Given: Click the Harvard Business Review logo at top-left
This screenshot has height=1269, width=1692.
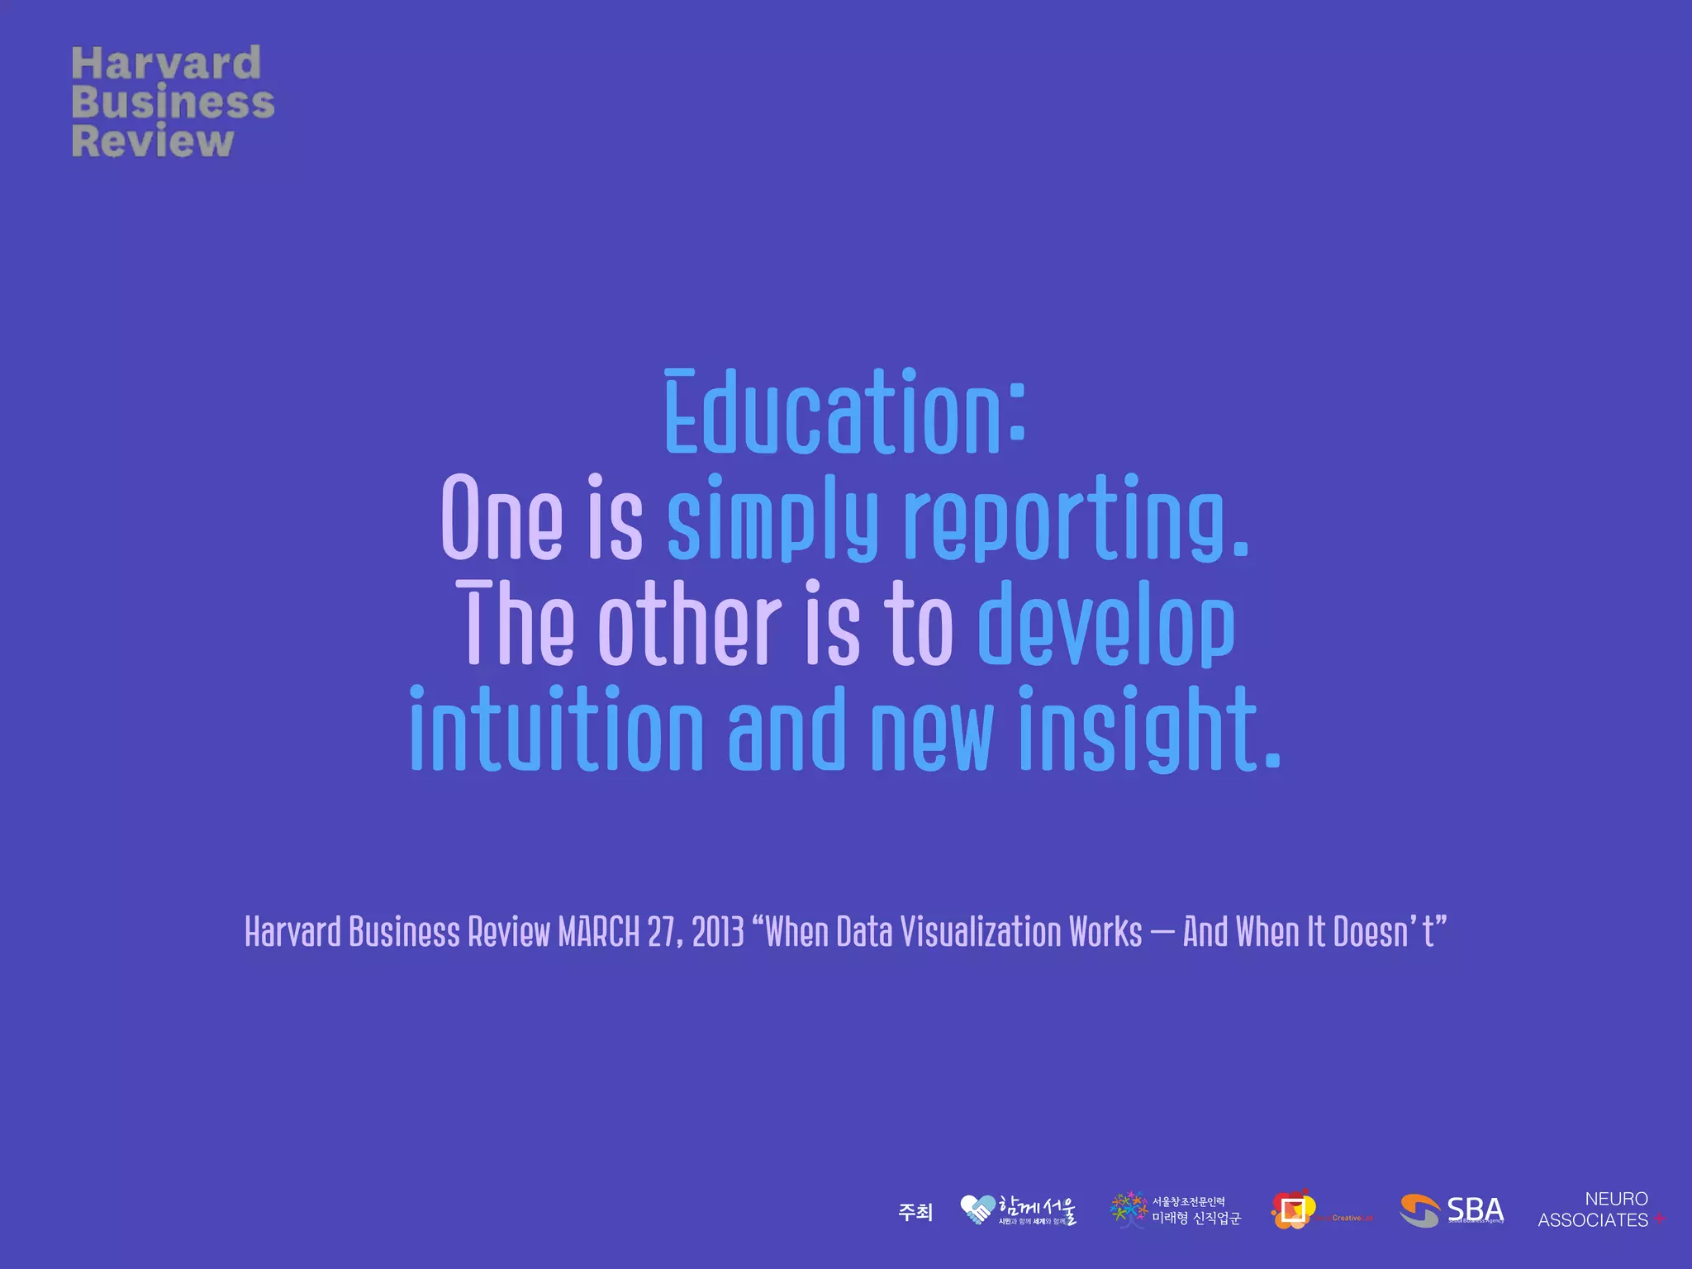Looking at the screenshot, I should point(172,101).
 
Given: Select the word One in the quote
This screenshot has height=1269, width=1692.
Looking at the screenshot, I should point(501,519).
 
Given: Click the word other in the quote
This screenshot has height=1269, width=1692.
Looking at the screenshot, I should point(690,624).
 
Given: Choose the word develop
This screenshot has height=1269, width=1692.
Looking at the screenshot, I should point(1106,624).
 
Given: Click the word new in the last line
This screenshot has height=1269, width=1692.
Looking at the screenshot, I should point(931,731).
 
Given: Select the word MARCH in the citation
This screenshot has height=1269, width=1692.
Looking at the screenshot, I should point(599,932).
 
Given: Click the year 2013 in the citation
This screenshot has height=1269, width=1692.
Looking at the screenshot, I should point(718,932).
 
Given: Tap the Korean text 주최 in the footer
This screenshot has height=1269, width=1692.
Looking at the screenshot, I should point(915,1212).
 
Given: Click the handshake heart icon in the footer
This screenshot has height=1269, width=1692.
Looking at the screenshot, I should point(977,1210).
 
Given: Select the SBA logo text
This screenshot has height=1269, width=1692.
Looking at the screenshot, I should point(1475,1210).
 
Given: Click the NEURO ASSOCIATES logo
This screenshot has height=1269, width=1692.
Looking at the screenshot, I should point(1599,1210).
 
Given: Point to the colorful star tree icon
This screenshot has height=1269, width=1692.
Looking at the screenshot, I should point(1129,1210).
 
